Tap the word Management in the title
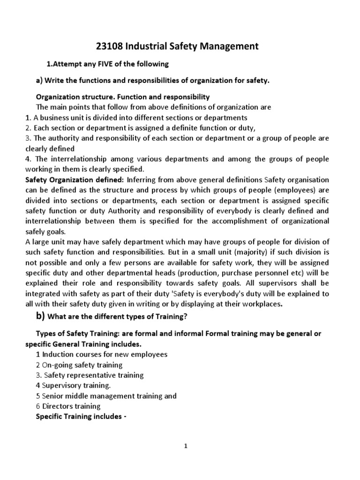point(227,46)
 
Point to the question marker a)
point(39,81)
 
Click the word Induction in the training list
point(57,354)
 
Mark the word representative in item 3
point(90,375)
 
